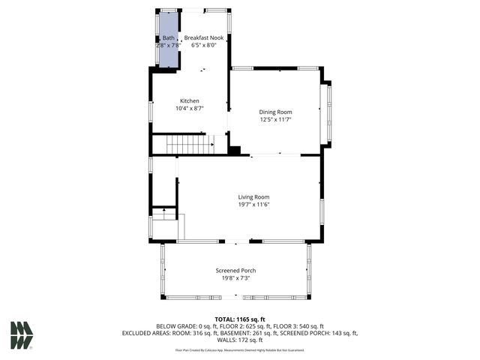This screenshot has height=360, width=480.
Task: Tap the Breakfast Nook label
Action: click(203, 37)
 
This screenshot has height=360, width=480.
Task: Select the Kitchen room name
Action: click(189, 100)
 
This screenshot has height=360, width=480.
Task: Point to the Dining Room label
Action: click(275, 112)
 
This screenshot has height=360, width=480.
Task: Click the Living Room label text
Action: click(253, 197)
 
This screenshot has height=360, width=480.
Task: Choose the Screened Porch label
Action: click(235, 270)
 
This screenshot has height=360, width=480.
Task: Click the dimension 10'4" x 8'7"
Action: click(189, 108)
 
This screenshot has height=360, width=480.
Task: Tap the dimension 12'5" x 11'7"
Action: click(275, 119)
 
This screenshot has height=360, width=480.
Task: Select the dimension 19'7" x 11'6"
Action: click(253, 205)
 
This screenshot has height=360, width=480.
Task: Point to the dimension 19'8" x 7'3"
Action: click(235, 277)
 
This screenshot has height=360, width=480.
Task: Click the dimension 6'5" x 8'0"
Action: click(203, 45)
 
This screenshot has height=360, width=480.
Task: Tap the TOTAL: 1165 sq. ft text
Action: click(240, 319)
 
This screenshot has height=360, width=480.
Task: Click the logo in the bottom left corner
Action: click(22, 336)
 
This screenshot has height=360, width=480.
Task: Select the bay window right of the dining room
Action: click(326, 113)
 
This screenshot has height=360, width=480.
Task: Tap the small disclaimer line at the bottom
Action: click(240, 349)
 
